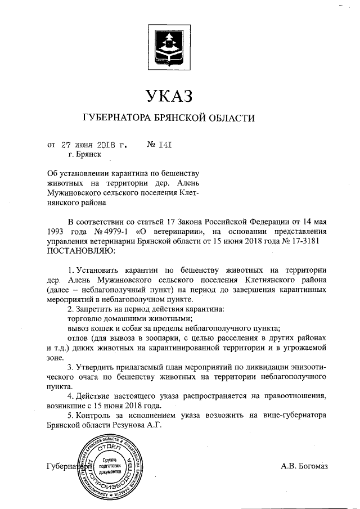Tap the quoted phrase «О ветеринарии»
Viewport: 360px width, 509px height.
tap(172, 231)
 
